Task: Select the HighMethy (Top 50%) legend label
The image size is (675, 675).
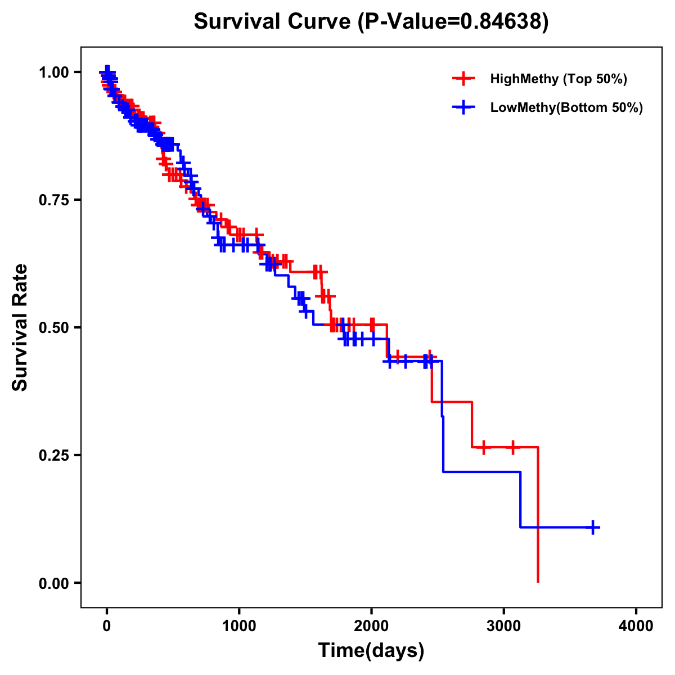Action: pos(558,79)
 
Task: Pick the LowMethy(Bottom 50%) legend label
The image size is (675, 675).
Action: pos(566,107)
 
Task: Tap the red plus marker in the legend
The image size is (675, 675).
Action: pos(463,79)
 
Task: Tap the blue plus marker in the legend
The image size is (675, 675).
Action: pos(463,107)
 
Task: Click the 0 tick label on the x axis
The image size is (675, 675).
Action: pos(107,627)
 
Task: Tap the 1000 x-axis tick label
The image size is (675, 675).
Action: pos(239,627)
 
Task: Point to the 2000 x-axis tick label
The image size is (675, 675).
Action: pos(371,627)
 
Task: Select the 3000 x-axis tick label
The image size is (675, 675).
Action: pos(504,627)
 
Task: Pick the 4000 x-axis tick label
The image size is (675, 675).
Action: pos(636,627)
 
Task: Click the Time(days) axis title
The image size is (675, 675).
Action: pos(371,651)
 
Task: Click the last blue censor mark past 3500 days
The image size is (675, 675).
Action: pos(593,527)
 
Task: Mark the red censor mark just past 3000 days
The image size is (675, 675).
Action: pos(512,447)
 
